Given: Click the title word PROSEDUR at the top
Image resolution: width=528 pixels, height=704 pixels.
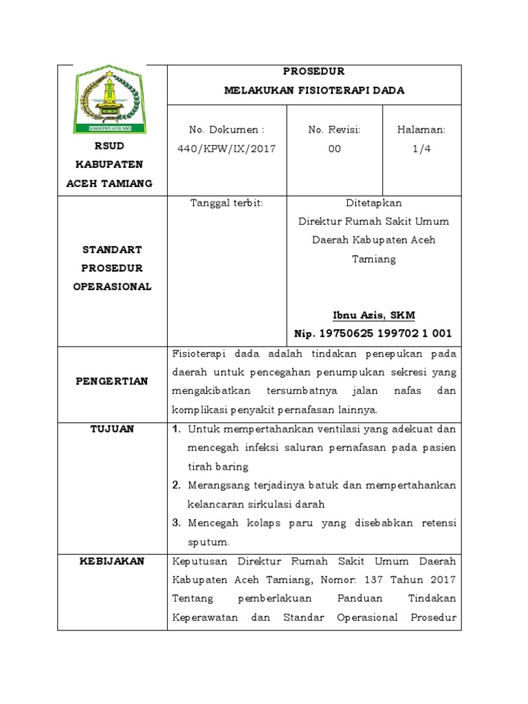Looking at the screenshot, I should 314,71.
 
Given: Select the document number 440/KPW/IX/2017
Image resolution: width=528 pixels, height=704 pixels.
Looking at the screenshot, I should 227,148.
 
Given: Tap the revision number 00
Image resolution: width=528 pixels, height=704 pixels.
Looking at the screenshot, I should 334,148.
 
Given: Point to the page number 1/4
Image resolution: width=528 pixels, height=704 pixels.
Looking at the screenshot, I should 421,148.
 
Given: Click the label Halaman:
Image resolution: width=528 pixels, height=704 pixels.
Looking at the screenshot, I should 421,130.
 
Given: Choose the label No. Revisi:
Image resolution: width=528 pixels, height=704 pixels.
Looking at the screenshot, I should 334,130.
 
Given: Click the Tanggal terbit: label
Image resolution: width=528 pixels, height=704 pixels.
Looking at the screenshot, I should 226,203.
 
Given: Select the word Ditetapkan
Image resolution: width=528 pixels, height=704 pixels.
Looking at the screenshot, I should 373,203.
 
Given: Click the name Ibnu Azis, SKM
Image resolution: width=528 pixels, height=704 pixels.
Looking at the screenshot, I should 373,316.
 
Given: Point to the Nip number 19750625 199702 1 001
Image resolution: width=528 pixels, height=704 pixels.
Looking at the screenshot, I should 384,334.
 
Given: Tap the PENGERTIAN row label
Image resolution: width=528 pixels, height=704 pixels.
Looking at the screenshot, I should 112,381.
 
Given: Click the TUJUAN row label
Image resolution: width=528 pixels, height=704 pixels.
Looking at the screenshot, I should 112,429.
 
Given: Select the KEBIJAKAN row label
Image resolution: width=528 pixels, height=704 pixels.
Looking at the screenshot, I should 112,561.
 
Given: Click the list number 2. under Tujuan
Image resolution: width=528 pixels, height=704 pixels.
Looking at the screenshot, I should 176,485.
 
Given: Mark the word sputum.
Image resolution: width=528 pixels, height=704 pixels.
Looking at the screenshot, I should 209,542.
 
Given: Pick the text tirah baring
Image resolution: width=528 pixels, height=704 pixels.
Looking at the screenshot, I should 217,467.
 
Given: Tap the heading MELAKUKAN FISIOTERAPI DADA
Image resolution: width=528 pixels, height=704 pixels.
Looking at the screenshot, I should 314,90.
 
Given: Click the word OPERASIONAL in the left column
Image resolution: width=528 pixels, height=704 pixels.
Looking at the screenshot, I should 112,287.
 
